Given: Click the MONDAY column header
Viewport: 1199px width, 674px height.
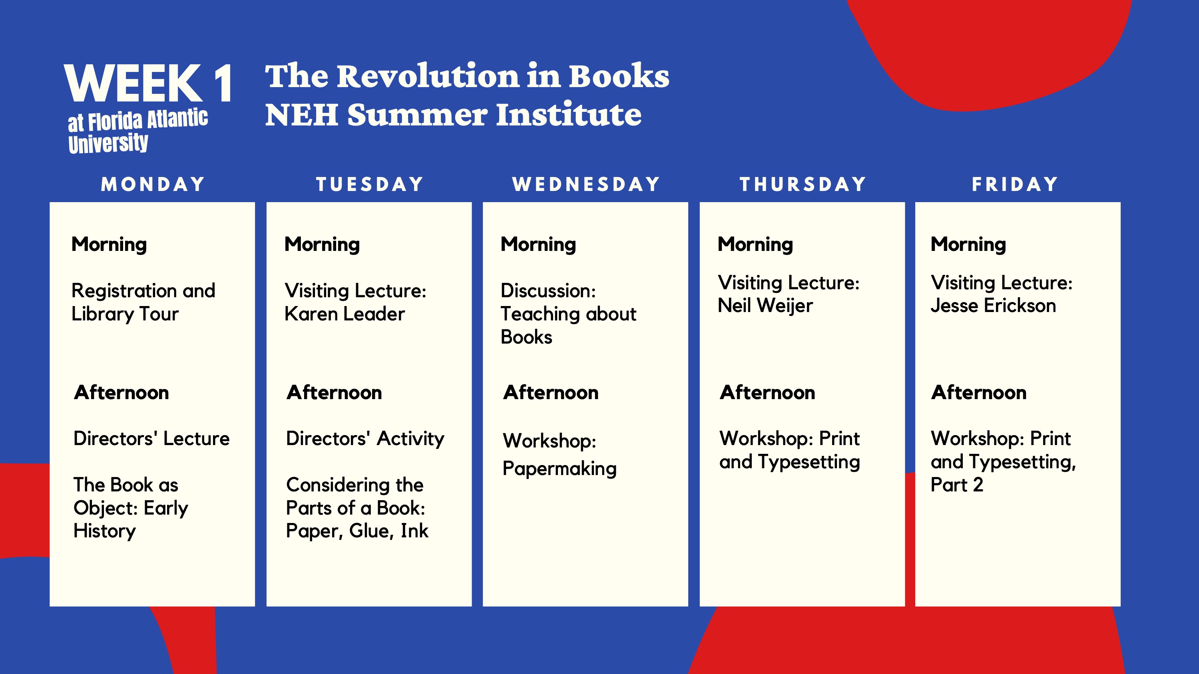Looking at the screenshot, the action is pos(153,185).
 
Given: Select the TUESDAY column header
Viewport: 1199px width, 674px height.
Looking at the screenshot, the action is pos(370,185).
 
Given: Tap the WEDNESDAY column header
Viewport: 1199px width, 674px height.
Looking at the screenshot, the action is pos(586,185).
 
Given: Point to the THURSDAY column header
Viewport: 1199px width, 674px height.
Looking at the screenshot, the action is pos(803,185).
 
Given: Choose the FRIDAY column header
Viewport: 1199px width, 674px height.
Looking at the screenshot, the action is pos(1015,185).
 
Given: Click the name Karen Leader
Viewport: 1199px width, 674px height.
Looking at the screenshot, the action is pos(345,314).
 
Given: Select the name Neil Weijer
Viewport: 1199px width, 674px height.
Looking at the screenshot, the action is pos(765,306).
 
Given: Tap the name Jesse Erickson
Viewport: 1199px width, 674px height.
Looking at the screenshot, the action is pos(993,306).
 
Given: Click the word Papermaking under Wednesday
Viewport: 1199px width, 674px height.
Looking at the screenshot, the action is pos(560,468).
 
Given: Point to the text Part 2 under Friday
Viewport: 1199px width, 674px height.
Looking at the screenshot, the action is pos(957,485).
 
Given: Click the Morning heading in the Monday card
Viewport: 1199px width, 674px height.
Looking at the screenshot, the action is pos(109,245).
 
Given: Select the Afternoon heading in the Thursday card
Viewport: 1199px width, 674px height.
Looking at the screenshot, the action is pos(767,393).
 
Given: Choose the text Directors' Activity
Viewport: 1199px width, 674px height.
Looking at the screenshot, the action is pos(365,439).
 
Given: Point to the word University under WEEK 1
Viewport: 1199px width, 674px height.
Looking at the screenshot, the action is pos(108,143).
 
